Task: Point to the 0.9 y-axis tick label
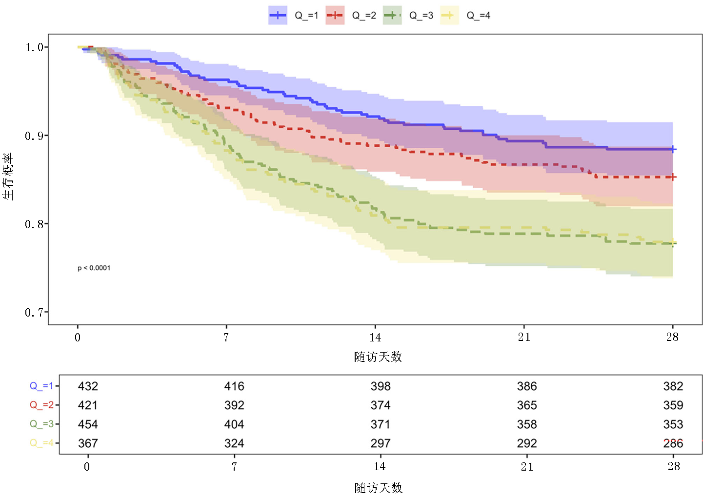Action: tap(34, 136)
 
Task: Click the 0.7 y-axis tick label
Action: tap(34, 313)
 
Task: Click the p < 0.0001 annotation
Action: tap(94, 268)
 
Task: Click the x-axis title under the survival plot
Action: tap(378, 357)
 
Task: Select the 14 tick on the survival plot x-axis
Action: tap(375, 337)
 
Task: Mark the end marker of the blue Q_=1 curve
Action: tap(673, 149)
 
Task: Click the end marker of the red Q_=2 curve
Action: tap(673, 177)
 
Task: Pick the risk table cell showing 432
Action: tap(88, 386)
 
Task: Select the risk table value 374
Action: tap(381, 405)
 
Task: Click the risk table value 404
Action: tap(234, 424)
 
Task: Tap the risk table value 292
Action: tap(527, 443)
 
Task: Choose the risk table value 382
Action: tap(673, 386)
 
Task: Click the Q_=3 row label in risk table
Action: tap(41, 424)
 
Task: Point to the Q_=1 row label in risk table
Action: tap(41, 386)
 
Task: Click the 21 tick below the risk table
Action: tap(527, 467)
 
